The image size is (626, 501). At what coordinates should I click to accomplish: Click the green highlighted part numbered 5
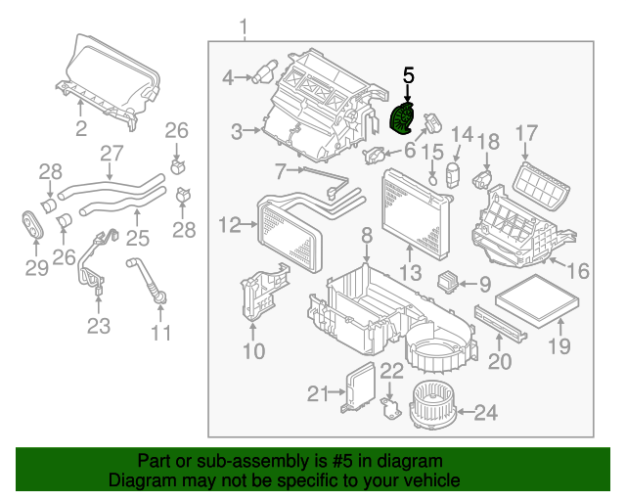tap(402, 120)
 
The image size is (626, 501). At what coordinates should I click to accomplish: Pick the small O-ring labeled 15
tap(432, 179)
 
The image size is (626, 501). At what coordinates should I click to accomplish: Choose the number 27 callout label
tap(112, 154)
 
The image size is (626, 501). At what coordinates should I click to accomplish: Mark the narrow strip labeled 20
tap(499, 320)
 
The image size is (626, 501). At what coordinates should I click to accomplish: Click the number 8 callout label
tap(366, 235)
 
